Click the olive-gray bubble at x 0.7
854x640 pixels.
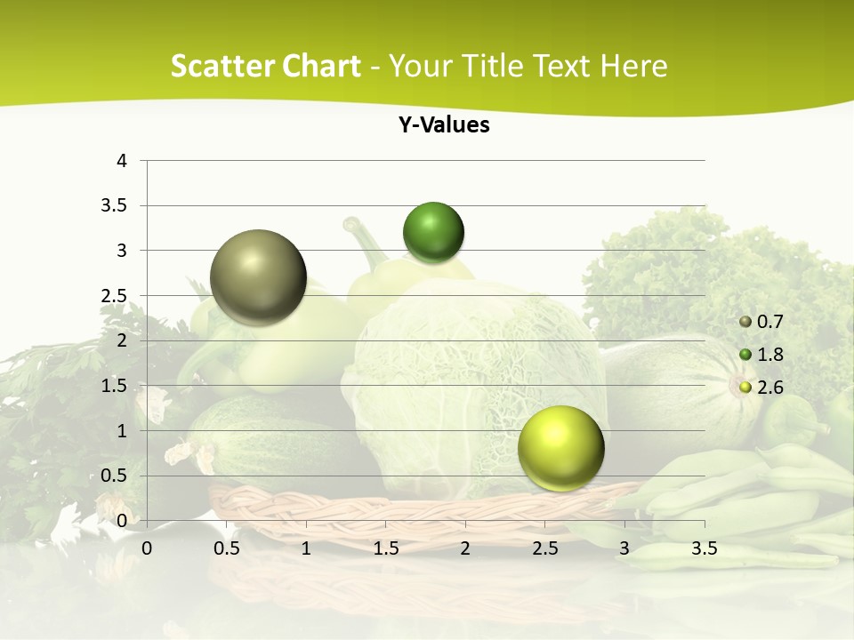point(258,277)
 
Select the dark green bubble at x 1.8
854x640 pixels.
point(433,233)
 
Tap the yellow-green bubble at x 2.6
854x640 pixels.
point(560,448)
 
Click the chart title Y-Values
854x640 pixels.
point(443,125)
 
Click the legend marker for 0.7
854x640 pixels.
point(745,322)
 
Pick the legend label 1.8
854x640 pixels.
point(771,355)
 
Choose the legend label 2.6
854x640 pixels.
point(771,388)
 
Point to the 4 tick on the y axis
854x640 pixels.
point(122,161)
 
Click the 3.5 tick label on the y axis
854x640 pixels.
point(116,206)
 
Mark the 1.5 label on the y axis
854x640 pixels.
point(116,386)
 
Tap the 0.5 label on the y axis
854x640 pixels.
point(116,476)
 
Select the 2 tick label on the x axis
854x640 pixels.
point(465,548)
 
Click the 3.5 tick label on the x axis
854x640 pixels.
point(704,548)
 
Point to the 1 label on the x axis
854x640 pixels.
point(306,548)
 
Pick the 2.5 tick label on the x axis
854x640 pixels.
point(544,548)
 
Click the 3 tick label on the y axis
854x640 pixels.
point(122,251)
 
